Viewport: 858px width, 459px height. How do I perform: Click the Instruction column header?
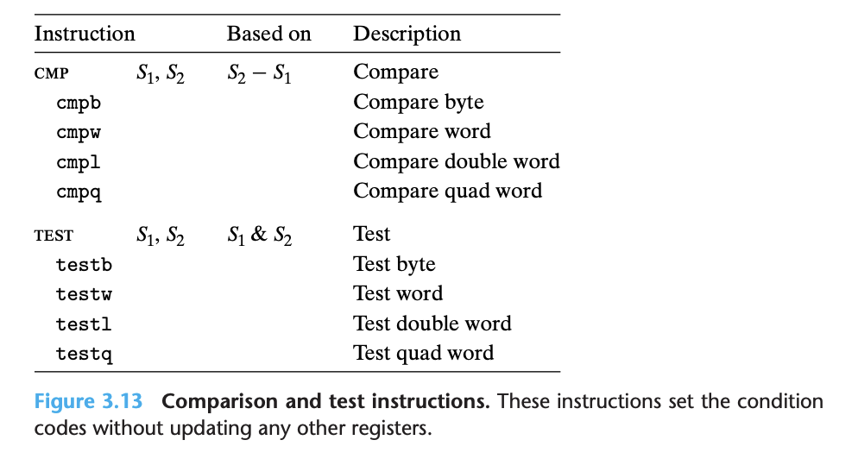[x=85, y=34]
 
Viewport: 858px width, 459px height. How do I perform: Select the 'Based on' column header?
[x=268, y=34]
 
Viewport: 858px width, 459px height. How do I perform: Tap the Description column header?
[x=407, y=34]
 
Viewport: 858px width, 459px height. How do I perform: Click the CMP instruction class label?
[x=51, y=73]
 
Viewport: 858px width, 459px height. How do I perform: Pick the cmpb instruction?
[x=79, y=104]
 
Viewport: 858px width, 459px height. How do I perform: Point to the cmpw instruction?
[x=79, y=133]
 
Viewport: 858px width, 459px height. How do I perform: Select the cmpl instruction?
[x=79, y=162]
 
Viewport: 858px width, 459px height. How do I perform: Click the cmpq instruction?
[x=79, y=192]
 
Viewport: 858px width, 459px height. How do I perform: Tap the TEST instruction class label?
[x=54, y=236]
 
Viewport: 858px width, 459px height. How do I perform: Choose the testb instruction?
[x=84, y=265]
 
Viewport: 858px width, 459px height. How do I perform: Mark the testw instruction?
[x=84, y=294]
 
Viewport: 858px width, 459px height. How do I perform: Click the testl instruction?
[x=84, y=324]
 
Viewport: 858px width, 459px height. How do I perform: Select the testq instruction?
[x=84, y=354]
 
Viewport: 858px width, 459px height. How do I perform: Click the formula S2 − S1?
[x=259, y=73]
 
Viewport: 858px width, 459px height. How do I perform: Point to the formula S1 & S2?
[x=259, y=236]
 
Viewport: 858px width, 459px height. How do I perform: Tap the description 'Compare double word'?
[x=456, y=161]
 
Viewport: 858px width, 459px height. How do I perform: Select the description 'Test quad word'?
[x=423, y=353]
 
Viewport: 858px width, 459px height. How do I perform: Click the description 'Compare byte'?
[x=418, y=102]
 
